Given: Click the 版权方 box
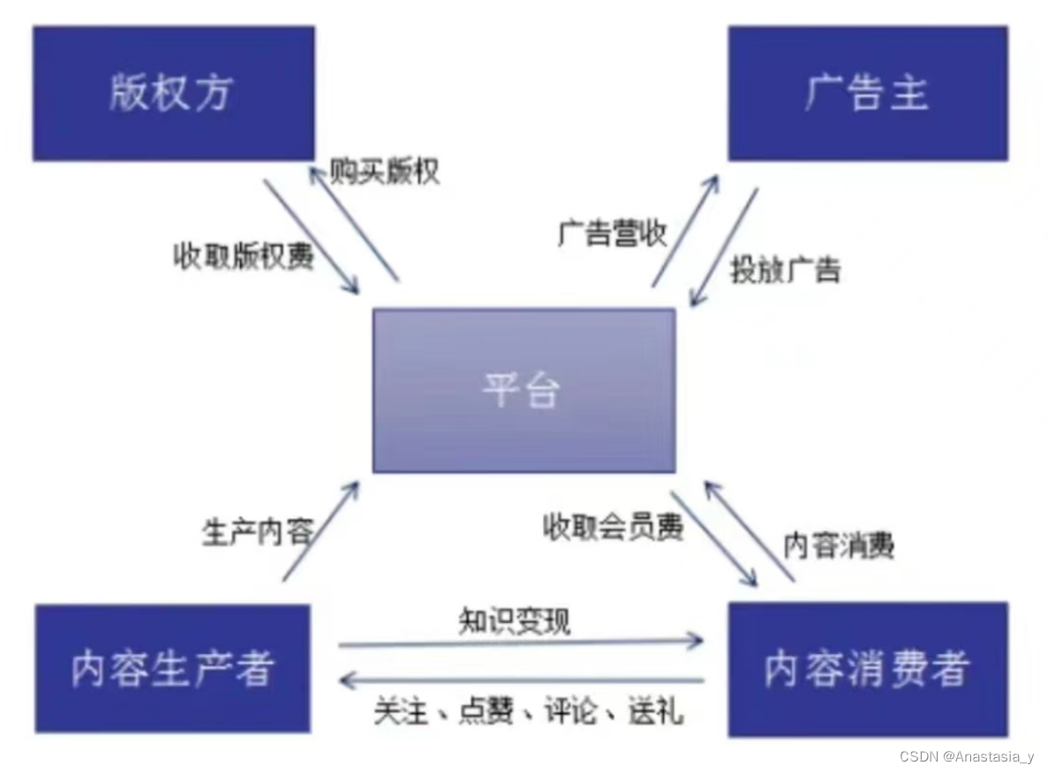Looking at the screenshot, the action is [173, 94].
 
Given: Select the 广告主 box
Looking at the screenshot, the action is [867, 94].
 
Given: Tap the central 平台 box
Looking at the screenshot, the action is [524, 390].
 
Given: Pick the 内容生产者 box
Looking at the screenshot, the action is [173, 668].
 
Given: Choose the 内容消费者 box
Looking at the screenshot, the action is [867, 668].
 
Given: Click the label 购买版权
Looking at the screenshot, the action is [384, 171].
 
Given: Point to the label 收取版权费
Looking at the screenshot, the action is [243, 256].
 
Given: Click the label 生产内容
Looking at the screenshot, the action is [257, 532].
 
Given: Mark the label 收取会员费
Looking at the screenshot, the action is [612, 527].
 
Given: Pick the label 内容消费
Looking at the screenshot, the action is [839, 545].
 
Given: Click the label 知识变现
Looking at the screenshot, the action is [515, 620].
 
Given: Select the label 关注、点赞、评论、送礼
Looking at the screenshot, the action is [528, 710].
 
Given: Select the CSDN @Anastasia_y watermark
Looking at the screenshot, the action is [966, 756].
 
